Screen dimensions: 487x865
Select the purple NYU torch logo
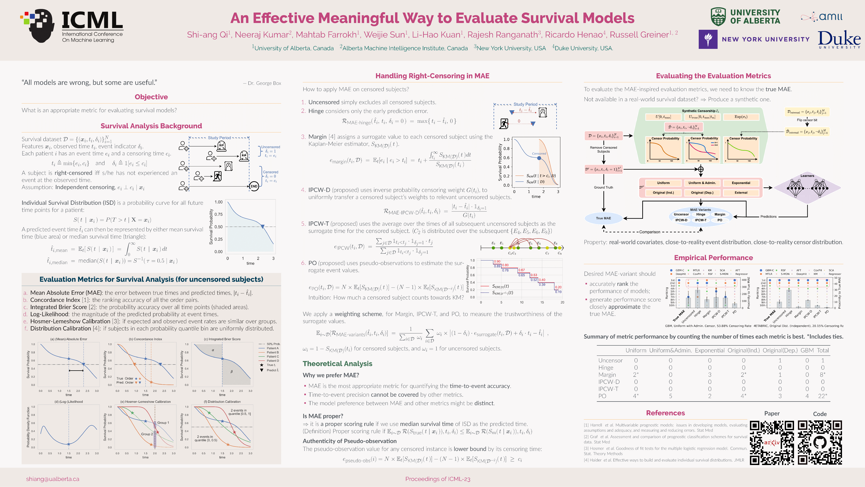pyautogui.click(x=708, y=39)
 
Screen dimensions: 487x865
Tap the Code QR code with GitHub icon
pyautogui.click(x=820, y=443)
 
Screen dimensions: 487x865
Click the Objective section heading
pyautogui.click(x=151, y=97)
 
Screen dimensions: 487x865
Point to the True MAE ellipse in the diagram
pyautogui.click(x=603, y=218)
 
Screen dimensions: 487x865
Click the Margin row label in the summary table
pyautogui.click(x=607, y=375)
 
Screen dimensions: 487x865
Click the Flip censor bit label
pyautogui.click(x=807, y=120)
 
